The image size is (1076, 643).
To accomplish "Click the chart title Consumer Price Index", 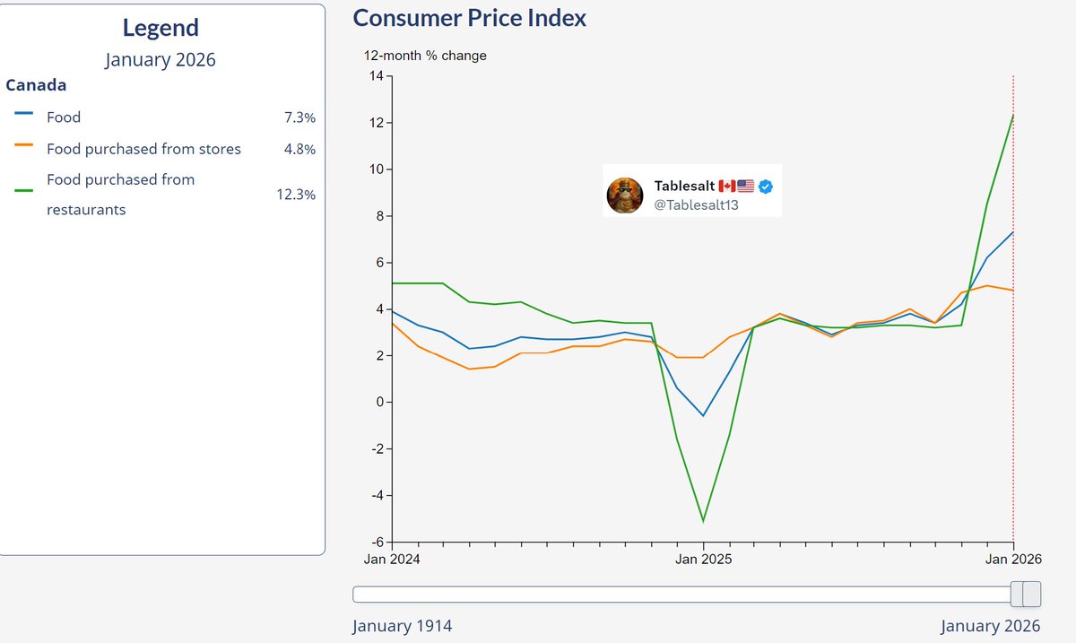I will click(470, 17).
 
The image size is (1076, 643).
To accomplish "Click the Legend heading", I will click(161, 28).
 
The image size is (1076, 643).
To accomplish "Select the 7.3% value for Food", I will click(299, 118).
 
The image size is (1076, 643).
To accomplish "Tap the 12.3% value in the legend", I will click(296, 195).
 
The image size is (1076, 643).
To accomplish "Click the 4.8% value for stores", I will click(299, 149).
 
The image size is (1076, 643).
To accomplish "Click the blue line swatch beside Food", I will click(24, 114).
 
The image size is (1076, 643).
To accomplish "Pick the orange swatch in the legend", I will click(24, 144).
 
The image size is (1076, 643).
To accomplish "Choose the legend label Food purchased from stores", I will click(143, 149).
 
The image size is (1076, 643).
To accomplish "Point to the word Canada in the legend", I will click(36, 85).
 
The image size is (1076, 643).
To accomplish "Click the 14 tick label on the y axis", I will click(375, 76).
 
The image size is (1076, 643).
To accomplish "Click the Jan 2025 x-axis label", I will click(703, 560).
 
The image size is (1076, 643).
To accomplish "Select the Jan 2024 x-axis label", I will click(392, 560).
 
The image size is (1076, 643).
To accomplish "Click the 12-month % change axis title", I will click(425, 56).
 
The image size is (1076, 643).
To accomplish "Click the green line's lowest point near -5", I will click(703, 521).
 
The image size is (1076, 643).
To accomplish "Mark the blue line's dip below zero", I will click(703, 415).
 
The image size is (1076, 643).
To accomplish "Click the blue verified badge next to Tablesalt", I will click(767, 186).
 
